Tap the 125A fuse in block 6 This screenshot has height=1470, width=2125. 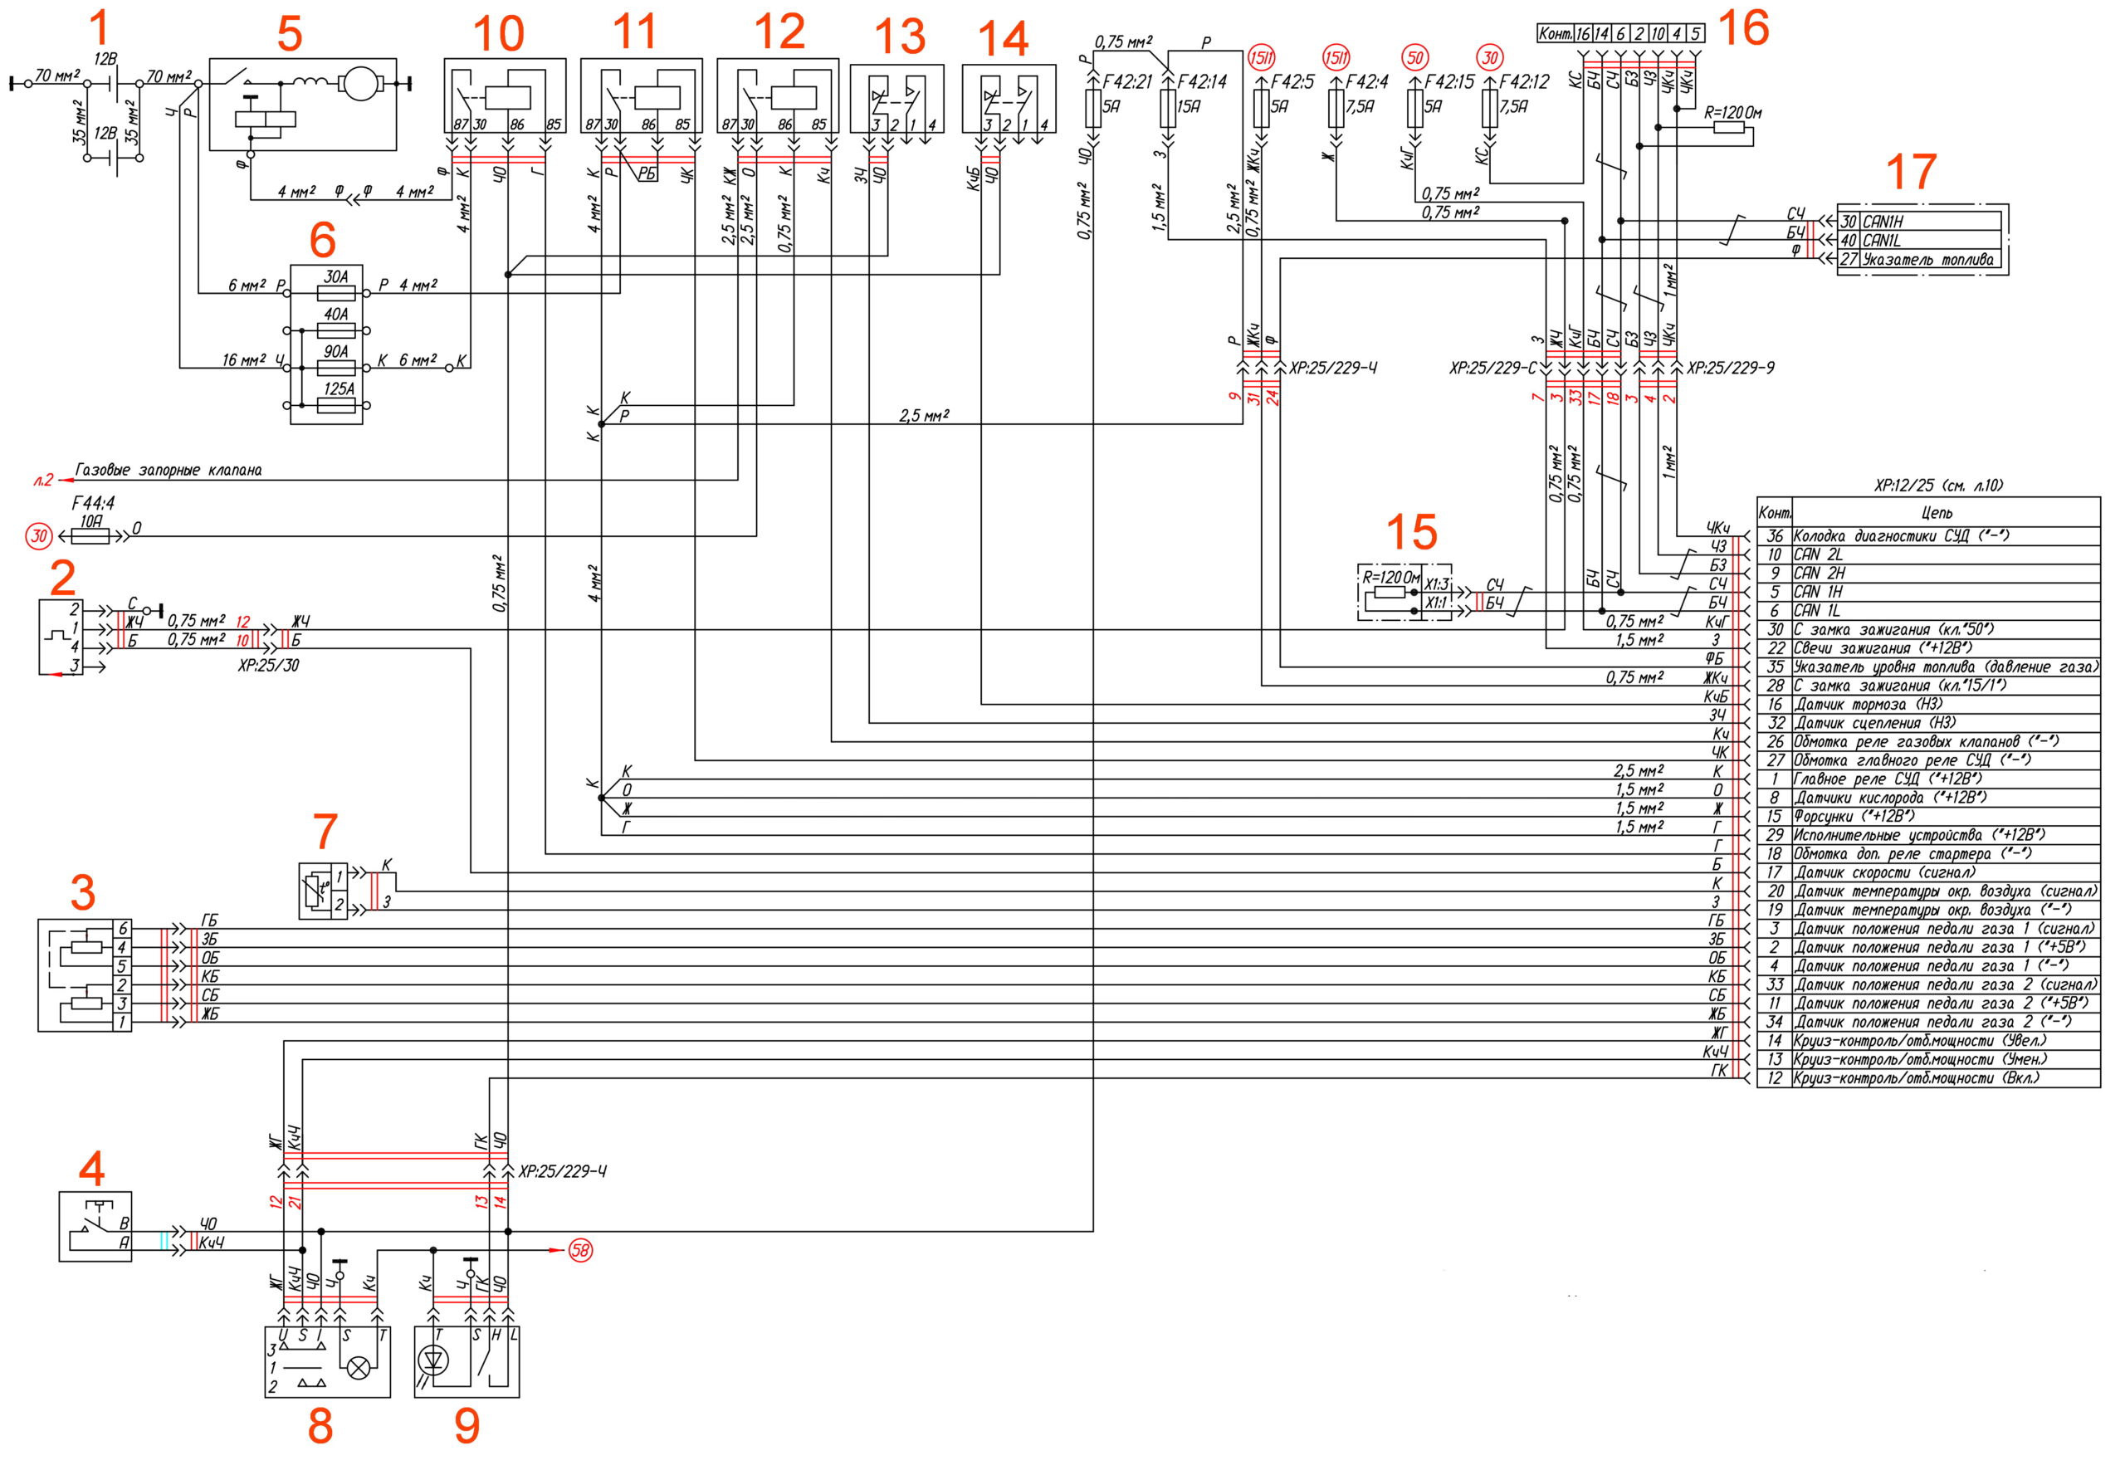pos(337,404)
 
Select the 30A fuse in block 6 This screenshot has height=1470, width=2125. pos(336,293)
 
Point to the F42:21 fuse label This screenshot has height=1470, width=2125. pos(1127,82)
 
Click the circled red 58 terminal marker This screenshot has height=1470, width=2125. pos(580,1250)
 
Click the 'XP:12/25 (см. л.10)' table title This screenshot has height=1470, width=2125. pos(1938,486)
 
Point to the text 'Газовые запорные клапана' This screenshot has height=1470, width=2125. pos(169,471)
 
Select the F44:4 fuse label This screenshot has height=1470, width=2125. pos(93,503)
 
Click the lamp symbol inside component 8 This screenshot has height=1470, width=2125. pos(359,1369)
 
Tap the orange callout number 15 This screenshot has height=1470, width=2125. pos(1411,532)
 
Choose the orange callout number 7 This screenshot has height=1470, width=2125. pos(325,832)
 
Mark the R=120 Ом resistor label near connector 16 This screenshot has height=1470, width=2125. pos(1732,113)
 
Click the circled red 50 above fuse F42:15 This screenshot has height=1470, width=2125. pos(1414,57)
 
